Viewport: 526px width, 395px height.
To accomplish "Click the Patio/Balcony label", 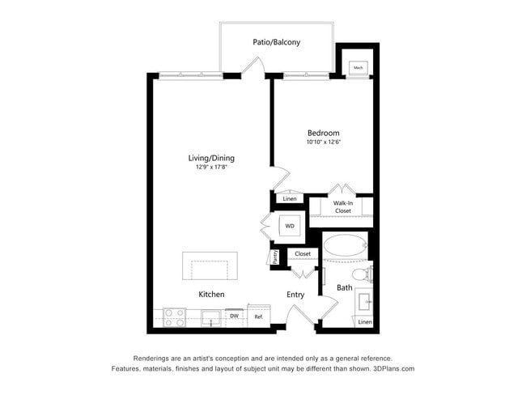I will click(278, 41).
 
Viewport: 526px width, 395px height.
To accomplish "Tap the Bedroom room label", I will click(323, 133).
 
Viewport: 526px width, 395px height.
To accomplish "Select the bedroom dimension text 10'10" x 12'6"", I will click(323, 142).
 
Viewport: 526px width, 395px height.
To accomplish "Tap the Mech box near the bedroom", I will click(358, 68).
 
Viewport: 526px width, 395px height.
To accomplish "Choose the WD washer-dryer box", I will click(290, 226).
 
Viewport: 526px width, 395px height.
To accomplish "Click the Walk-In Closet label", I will click(342, 206).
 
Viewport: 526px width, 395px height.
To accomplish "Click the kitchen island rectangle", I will click(210, 266).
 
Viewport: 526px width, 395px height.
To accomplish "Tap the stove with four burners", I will click(175, 317).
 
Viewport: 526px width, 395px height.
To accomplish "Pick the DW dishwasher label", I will click(235, 316).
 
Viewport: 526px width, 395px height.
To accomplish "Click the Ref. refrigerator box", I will click(259, 316).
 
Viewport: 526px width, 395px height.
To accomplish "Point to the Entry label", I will click(295, 295).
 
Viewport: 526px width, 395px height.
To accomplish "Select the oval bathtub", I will click(346, 246).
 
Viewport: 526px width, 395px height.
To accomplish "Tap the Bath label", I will click(345, 287).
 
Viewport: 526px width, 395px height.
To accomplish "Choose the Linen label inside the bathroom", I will click(365, 322).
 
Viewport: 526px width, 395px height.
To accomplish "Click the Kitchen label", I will click(211, 295).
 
